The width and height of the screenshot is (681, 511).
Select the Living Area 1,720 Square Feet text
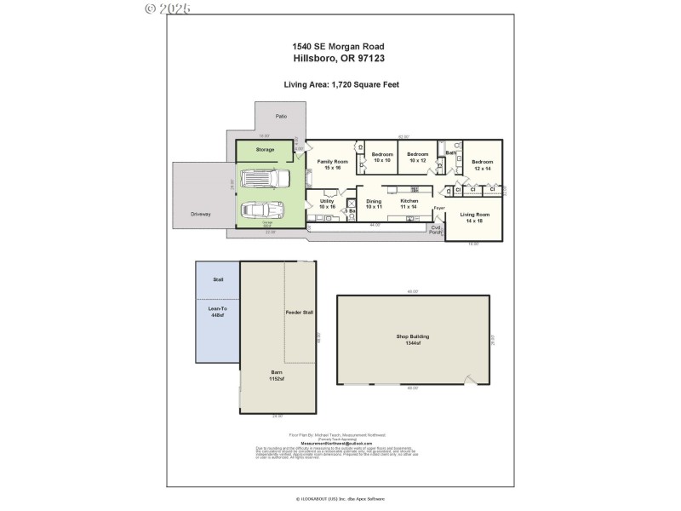click(341, 84)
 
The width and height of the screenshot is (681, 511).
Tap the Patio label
click(280, 116)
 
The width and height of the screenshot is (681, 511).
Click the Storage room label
click(265, 150)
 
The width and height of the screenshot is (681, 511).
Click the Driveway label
click(200, 214)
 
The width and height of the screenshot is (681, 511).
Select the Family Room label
click(332, 164)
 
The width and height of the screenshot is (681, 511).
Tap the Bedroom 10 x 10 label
click(381, 157)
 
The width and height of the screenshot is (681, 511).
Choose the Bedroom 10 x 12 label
click(417, 157)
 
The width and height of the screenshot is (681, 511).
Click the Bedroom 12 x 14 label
click(483, 164)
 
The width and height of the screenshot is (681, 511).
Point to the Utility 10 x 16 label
click(328, 204)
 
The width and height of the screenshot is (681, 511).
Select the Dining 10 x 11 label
click(374, 204)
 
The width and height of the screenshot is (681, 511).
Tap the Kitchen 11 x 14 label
click(409, 204)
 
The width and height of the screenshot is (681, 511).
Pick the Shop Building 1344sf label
click(413, 339)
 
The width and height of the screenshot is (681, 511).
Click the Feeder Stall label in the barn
click(299, 313)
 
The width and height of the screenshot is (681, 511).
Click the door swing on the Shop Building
click(470, 380)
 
